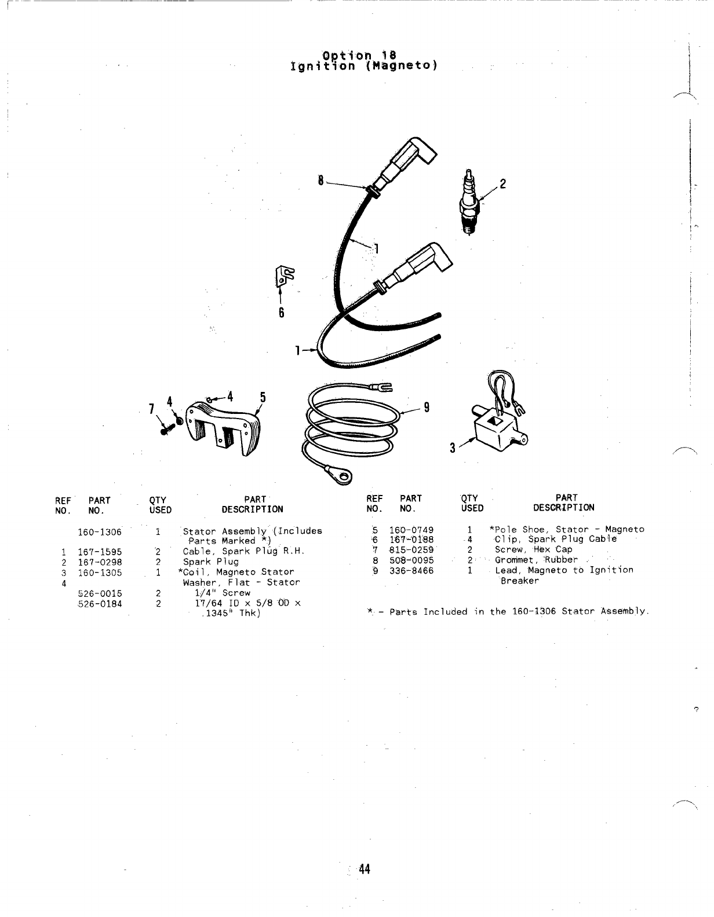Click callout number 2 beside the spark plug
tap(503, 184)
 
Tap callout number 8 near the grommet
tap(320, 180)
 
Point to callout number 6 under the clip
tap(281, 313)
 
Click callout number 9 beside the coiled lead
tap(427, 407)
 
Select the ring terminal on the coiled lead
tap(344, 478)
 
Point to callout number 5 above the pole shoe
tap(263, 397)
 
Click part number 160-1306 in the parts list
tap(100, 532)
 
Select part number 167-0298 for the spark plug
tap(100, 562)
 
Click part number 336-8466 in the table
tap(411, 570)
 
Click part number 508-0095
tap(411, 560)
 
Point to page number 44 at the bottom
tap(365, 869)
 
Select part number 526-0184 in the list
tap(100, 603)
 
